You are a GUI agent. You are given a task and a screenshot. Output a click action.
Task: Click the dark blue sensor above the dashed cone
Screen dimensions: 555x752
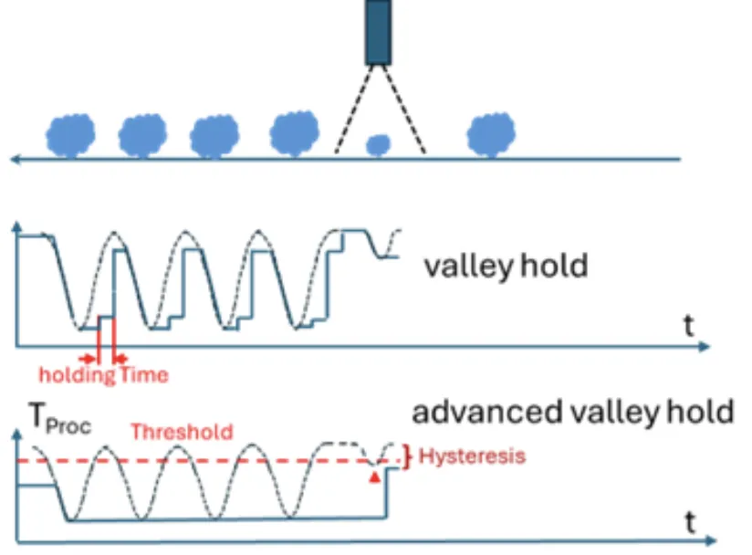coord(378,32)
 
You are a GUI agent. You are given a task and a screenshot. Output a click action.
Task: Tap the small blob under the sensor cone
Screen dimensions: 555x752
coord(378,144)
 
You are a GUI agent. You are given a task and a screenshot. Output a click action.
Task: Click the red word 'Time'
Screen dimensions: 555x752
coord(144,374)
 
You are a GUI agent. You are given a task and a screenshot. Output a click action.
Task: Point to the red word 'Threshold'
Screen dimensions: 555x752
coord(182,431)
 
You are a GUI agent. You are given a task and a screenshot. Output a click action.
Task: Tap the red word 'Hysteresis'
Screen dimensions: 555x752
coord(473,456)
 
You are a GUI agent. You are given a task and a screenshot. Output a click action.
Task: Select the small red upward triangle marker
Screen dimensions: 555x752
coord(372,475)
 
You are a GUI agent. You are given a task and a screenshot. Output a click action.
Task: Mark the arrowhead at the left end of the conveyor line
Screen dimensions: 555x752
coord(15,159)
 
